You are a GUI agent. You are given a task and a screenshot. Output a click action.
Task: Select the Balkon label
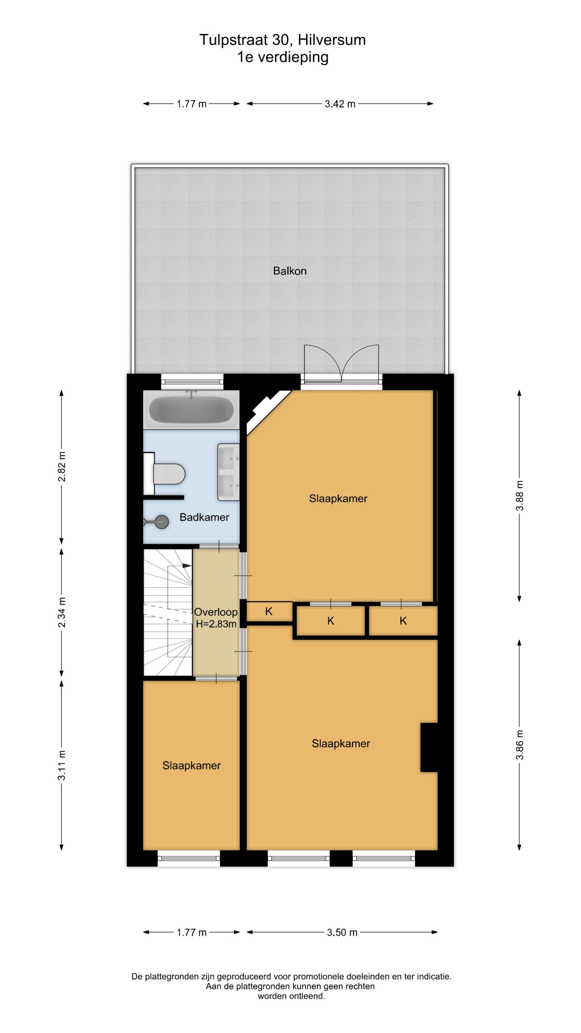tap(289, 271)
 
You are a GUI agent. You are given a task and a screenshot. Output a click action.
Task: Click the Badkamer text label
tap(204, 517)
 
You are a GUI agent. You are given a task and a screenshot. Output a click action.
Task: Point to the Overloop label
tap(216, 612)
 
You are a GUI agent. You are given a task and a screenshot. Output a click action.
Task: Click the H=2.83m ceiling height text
tap(216, 624)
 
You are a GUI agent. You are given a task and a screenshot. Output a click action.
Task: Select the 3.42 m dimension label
tap(340, 104)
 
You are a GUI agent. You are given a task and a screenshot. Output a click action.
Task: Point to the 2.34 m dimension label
tap(61, 612)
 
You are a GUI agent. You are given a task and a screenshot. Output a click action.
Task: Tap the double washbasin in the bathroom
tap(229, 472)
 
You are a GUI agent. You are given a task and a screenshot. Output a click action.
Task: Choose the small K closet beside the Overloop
tap(269, 611)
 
